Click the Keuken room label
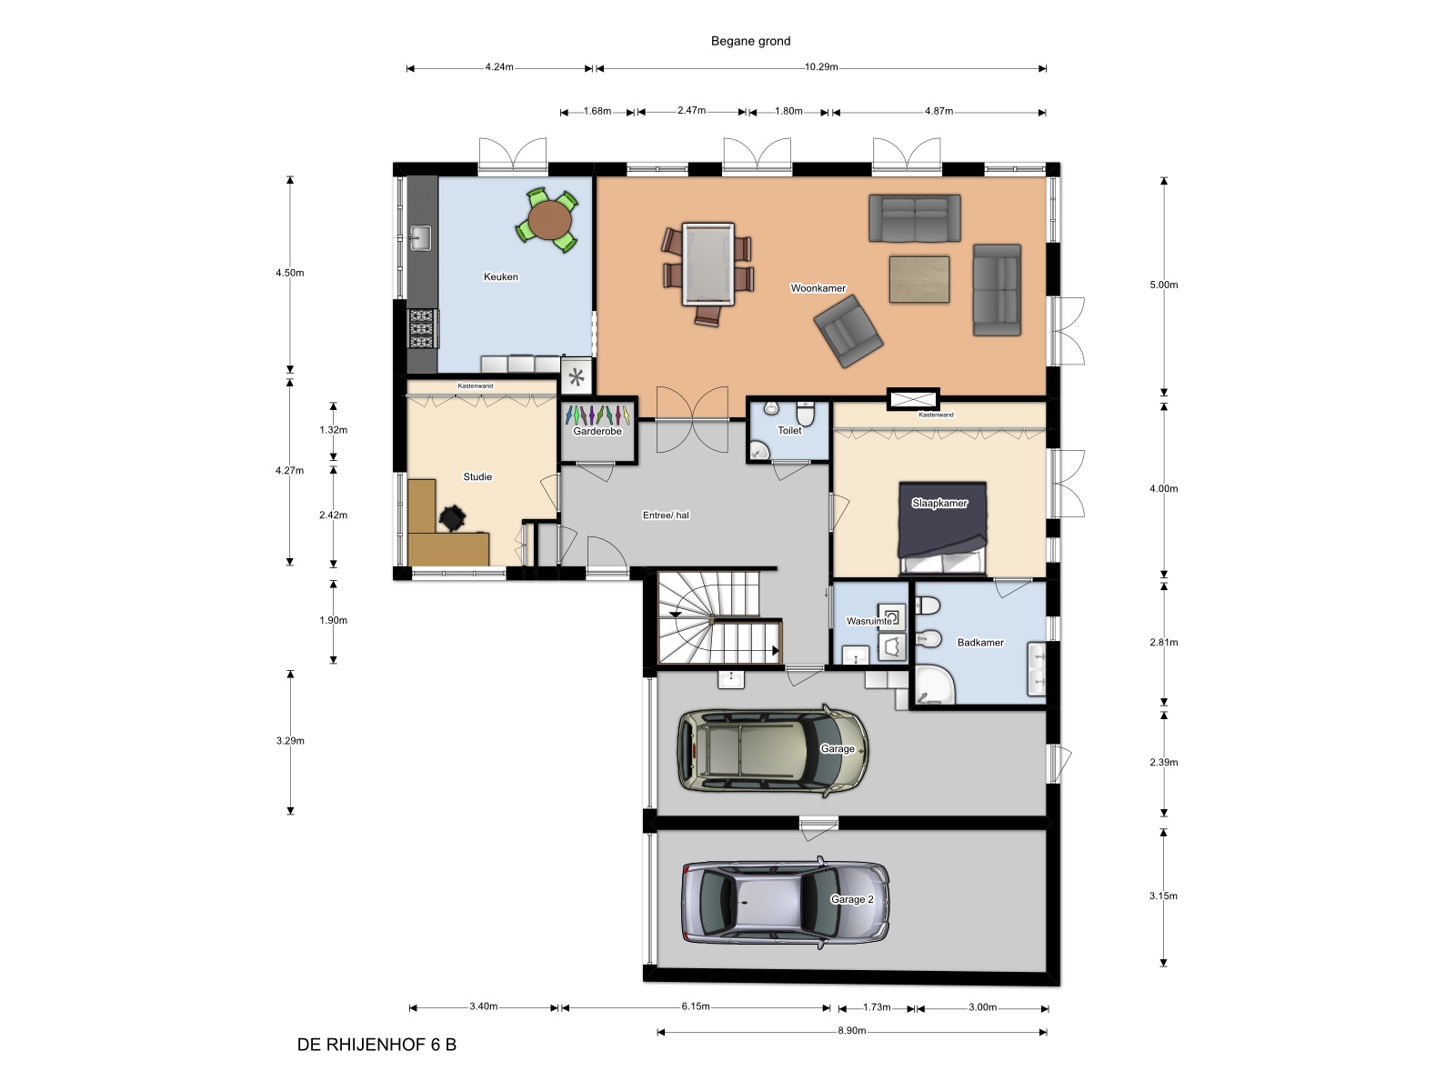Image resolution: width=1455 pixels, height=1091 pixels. [x=500, y=277]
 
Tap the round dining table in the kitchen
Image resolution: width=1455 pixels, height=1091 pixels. [x=549, y=220]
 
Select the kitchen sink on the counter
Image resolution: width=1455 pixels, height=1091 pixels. [x=419, y=238]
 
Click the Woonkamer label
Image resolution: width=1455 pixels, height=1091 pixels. [x=818, y=288]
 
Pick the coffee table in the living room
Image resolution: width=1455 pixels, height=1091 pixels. [x=918, y=279]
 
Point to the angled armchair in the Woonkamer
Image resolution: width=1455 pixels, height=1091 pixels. [x=848, y=331]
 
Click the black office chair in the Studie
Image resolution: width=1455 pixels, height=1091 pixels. [x=452, y=518]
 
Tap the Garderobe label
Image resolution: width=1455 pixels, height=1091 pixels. [x=597, y=431]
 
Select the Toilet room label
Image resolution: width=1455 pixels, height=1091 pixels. [x=789, y=431]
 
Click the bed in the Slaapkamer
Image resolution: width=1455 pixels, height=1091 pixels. [x=942, y=528]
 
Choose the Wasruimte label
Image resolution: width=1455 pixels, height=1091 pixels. [x=869, y=621]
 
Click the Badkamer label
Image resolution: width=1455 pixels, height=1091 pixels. [x=980, y=643]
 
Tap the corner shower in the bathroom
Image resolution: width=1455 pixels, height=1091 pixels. [x=935, y=685]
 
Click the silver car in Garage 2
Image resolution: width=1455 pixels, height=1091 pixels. [x=786, y=902]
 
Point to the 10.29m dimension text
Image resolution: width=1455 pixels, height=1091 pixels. [x=821, y=67]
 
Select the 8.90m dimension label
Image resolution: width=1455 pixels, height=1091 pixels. [x=852, y=1031]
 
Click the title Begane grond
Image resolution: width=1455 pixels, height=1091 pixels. [x=750, y=41]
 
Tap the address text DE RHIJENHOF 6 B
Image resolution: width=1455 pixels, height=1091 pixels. [x=376, y=1045]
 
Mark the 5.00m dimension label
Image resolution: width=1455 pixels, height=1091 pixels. [x=1164, y=285]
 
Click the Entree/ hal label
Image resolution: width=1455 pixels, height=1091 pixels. [x=666, y=515]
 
